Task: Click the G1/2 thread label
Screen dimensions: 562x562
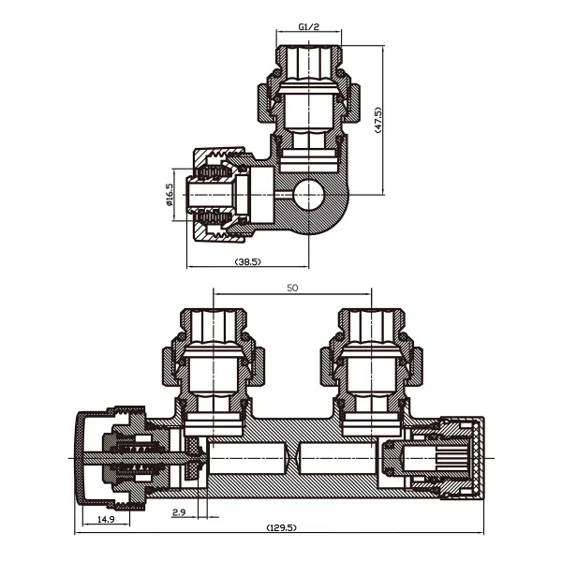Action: (x=308, y=26)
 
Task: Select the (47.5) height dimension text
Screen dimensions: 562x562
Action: (x=378, y=120)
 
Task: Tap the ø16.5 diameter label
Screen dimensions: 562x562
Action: (x=170, y=195)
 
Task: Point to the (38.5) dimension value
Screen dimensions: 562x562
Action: (x=247, y=261)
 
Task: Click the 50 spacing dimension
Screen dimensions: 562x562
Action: (x=292, y=288)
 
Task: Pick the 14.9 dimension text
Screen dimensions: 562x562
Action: (x=106, y=519)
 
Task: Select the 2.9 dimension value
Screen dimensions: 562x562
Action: (x=179, y=512)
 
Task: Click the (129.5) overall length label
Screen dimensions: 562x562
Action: (x=282, y=527)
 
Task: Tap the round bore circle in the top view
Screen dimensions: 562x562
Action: (x=308, y=195)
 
